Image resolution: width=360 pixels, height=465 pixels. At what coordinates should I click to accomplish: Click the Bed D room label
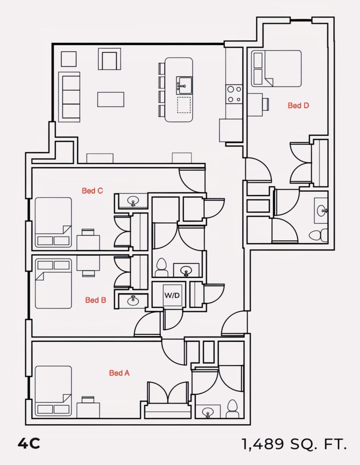298,105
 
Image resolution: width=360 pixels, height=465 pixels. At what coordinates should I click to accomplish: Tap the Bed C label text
92,191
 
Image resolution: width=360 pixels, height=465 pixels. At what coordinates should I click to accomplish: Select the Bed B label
96,300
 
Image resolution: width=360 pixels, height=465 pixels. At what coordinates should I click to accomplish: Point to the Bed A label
119,373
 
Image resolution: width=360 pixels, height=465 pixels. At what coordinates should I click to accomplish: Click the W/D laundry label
172,296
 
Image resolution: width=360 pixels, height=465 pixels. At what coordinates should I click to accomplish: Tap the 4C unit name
29,444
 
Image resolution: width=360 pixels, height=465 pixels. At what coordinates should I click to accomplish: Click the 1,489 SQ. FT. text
294,444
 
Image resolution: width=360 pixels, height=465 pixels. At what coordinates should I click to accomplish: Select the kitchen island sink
184,86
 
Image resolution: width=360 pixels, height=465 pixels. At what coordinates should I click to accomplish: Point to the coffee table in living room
111,100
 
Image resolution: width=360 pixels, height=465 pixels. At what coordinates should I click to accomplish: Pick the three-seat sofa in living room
69,97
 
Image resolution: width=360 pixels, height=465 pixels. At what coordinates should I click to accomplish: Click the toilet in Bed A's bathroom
233,409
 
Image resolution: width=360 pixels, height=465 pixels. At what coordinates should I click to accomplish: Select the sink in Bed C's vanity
133,201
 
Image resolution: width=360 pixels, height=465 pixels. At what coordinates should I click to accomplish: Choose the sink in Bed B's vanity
133,300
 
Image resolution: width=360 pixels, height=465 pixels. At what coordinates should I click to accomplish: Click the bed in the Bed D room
276,69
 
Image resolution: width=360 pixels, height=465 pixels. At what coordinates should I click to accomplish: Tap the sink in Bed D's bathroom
322,210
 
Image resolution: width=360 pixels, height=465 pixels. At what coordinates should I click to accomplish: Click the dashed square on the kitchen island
184,105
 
